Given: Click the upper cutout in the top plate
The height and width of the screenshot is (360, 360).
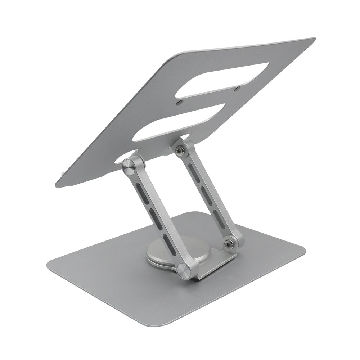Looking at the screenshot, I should (223, 80).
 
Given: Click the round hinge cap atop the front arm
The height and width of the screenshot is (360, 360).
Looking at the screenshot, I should (128, 166).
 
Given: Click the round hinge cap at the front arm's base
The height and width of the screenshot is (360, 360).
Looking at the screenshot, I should (184, 271).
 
